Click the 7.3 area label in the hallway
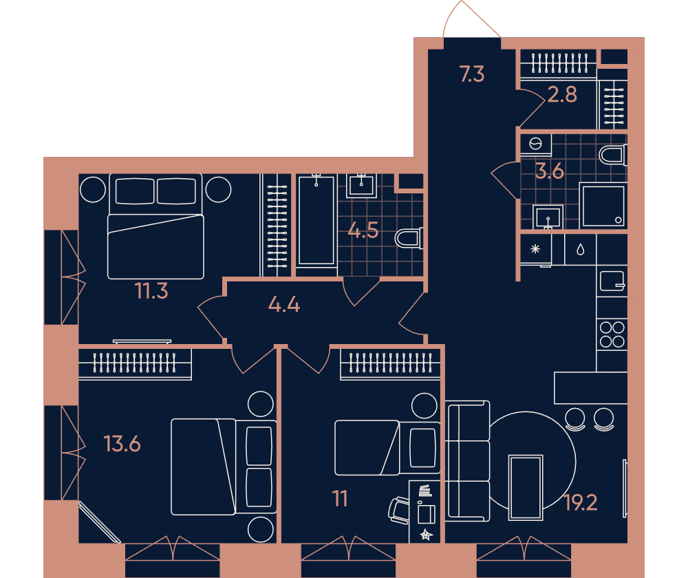[x=472, y=74]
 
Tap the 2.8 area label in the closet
[x=563, y=94]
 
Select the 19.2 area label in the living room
[x=581, y=502]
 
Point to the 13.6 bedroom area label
[x=122, y=444]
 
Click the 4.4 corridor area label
[x=284, y=304]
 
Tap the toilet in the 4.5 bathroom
[x=409, y=238]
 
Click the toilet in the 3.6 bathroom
[x=613, y=156]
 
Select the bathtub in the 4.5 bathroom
[x=316, y=220]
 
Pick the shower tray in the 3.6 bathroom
[x=603, y=206]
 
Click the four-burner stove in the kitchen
[x=612, y=334]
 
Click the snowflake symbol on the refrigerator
[x=535, y=249]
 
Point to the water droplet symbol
[x=581, y=250]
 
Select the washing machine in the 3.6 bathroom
[x=536, y=144]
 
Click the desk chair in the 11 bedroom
[x=399, y=511]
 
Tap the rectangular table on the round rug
[x=526, y=488]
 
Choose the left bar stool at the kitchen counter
[x=574, y=419]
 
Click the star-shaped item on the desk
[x=426, y=535]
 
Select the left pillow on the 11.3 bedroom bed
[x=135, y=191]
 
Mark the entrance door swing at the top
[x=472, y=19]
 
